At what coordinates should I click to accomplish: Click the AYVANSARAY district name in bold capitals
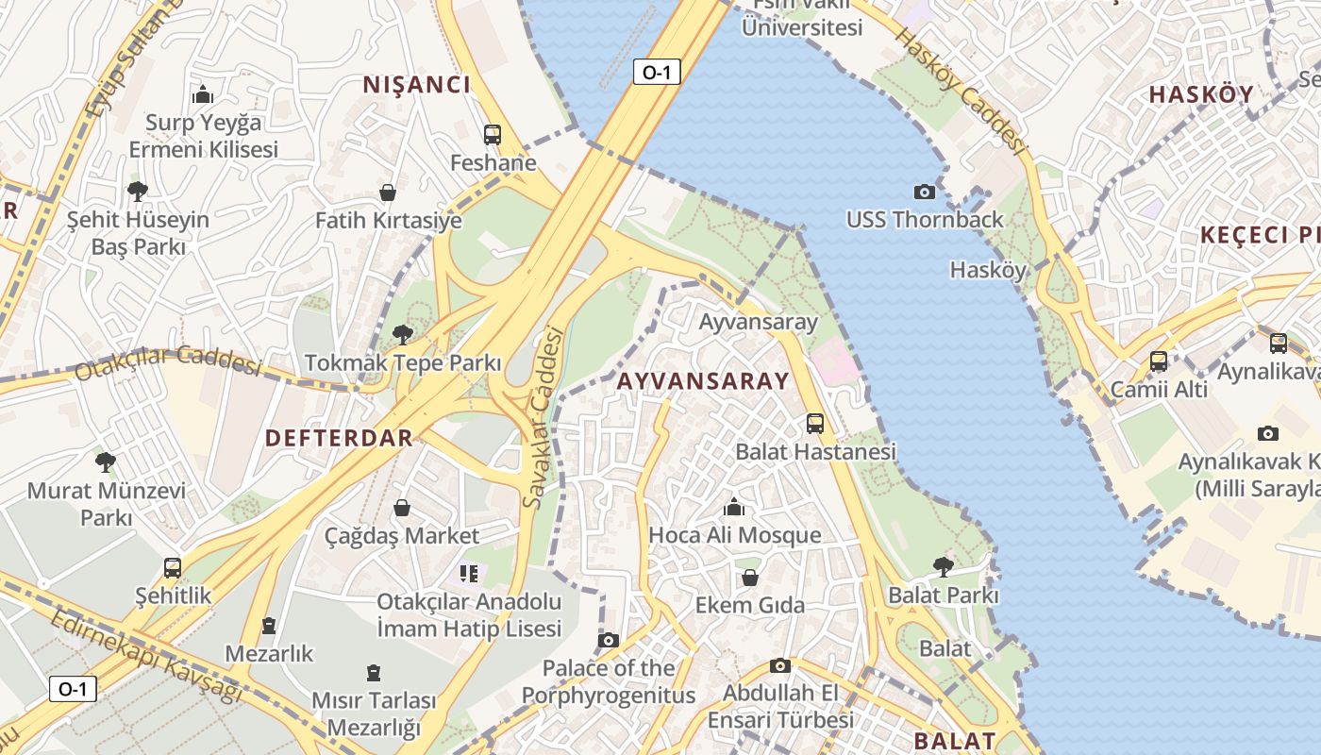(x=703, y=381)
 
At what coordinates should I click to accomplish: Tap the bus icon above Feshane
(x=492, y=135)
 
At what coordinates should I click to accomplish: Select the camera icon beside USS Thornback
(x=925, y=192)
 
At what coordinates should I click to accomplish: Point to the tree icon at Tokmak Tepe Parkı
(x=403, y=334)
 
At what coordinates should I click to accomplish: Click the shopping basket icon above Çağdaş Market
(x=402, y=509)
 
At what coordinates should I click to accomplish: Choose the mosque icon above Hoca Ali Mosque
(x=734, y=508)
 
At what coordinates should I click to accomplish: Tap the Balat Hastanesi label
(x=815, y=452)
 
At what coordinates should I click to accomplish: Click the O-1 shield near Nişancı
(x=657, y=72)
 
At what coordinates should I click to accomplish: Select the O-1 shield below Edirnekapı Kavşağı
(x=73, y=689)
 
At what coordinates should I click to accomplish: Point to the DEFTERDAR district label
(x=339, y=438)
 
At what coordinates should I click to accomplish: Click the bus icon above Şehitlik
(x=173, y=568)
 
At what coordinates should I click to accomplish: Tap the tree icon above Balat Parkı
(x=943, y=567)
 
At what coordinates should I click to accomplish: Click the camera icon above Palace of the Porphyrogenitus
(x=609, y=640)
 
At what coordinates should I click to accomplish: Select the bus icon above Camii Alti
(x=1159, y=361)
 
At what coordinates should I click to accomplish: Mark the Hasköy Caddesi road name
(x=960, y=90)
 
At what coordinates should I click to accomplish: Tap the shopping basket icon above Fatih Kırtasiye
(x=388, y=193)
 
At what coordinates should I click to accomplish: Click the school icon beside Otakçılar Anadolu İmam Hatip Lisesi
(x=469, y=573)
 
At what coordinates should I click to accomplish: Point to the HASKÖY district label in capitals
(x=1201, y=94)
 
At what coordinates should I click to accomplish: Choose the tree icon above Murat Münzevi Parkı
(x=106, y=462)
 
